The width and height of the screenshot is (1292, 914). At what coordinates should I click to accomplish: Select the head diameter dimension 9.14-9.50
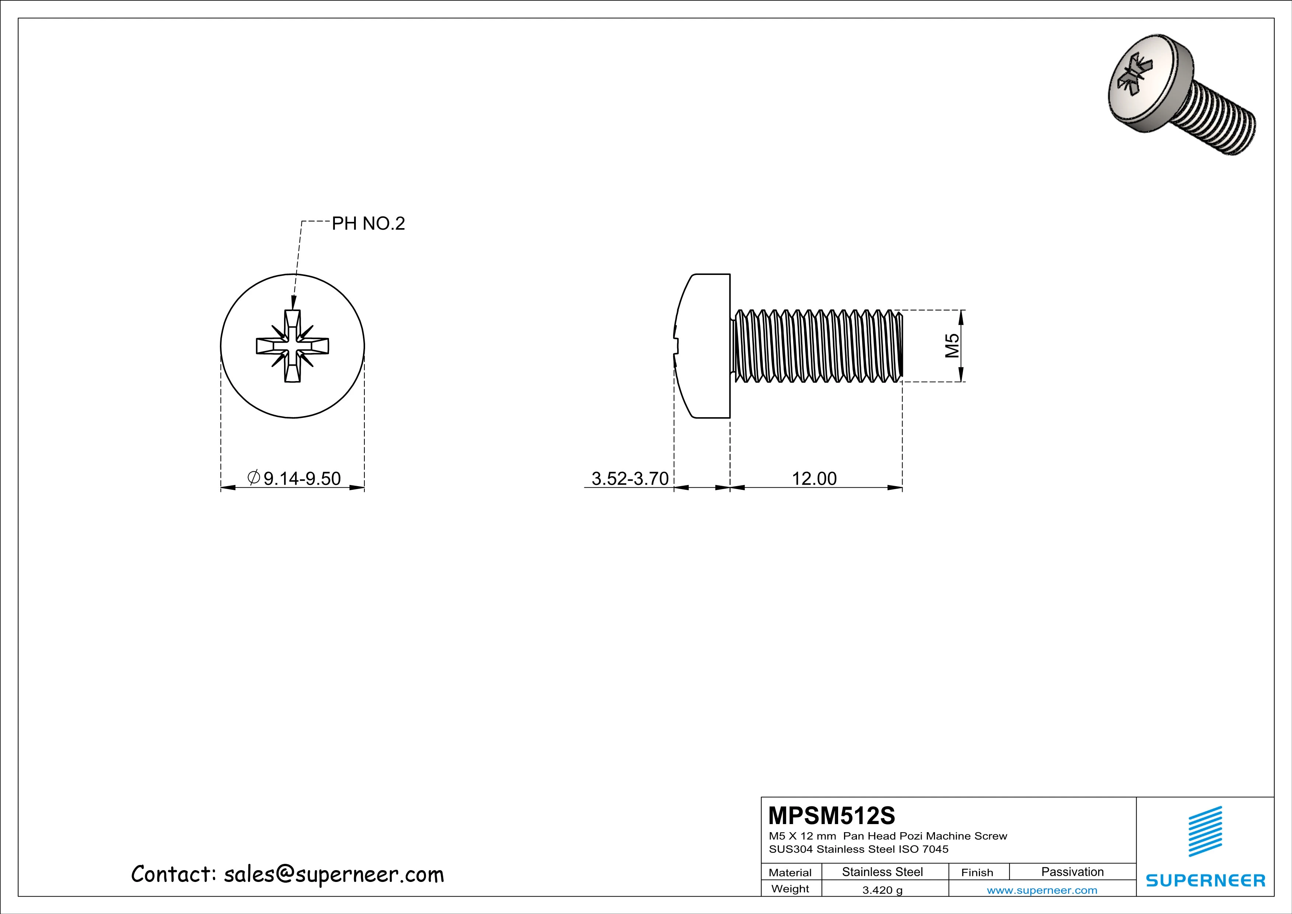click(x=302, y=478)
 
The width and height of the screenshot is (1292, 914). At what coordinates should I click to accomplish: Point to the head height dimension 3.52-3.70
click(x=630, y=478)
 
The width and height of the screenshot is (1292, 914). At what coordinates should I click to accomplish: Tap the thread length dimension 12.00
click(x=814, y=478)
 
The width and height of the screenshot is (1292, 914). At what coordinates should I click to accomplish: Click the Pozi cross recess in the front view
click(x=292, y=346)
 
